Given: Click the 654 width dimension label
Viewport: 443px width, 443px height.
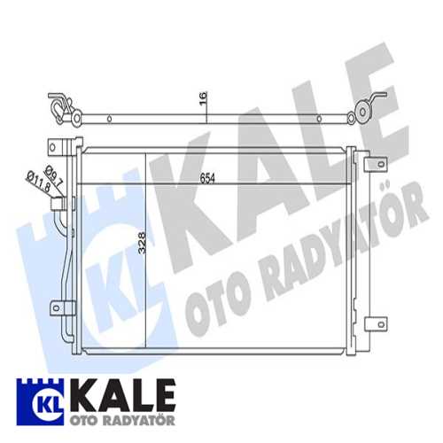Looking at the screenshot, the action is pos(207,178).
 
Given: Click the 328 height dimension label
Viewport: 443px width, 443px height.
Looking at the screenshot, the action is pos(143,243).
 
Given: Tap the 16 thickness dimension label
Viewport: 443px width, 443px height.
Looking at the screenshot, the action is pos(203,98).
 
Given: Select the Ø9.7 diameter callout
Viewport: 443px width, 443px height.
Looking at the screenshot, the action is pos(54,176).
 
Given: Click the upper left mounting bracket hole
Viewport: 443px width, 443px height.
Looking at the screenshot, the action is pos(52,147).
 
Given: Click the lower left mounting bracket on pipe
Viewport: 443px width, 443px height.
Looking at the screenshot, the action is pos(63,308).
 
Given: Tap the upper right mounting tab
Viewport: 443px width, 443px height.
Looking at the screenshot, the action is pos(376,164).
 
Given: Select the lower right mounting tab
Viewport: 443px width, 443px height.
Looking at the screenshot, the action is pos(376,324).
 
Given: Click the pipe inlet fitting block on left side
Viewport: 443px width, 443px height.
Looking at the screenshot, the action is pos(58,204).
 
